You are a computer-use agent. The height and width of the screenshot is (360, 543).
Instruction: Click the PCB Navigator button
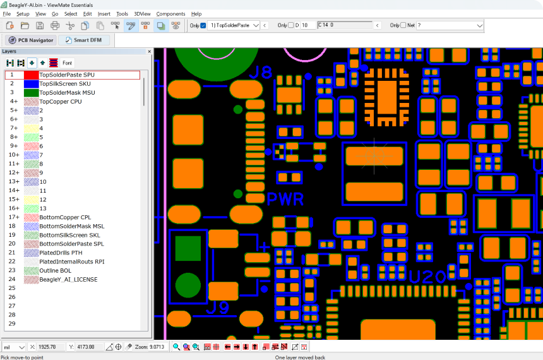[x=31, y=40]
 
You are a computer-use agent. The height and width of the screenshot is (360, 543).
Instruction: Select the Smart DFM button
[x=84, y=40]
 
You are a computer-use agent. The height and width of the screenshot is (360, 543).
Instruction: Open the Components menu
[x=170, y=14]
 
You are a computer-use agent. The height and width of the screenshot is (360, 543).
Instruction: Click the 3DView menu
[x=142, y=14]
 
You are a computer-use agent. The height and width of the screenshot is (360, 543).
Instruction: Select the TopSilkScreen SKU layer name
[x=65, y=84]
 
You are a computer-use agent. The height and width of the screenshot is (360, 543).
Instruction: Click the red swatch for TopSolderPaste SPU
[x=31, y=75]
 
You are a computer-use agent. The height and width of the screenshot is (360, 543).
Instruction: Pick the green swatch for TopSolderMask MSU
[x=31, y=93]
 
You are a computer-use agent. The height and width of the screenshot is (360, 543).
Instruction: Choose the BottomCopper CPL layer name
[x=65, y=217]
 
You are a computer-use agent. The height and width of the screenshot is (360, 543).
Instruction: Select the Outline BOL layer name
[x=55, y=270]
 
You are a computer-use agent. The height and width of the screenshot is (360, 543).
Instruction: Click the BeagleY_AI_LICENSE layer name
[x=68, y=280]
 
